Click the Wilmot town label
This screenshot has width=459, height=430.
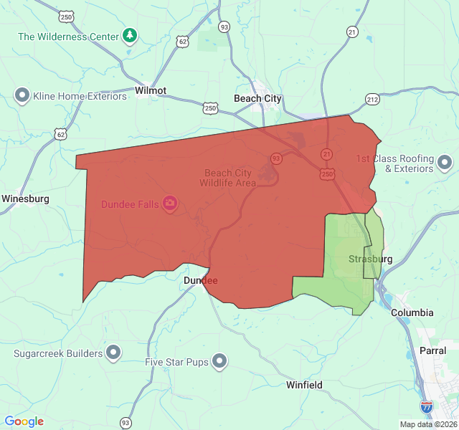tap(150, 91)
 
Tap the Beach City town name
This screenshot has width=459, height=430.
tap(258, 99)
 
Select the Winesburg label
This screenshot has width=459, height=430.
tap(25, 199)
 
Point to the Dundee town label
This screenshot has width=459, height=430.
tap(201, 280)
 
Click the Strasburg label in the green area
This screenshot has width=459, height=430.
tap(370, 259)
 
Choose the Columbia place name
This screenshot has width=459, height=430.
tap(412, 312)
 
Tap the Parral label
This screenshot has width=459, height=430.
tap(433, 350)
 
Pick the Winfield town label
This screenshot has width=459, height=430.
tap(304, 385)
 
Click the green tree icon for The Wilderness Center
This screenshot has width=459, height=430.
tap(129, 35)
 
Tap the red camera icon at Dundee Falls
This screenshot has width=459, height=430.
tap(170, 204)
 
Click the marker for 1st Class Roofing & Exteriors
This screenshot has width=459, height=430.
tap(445, 163)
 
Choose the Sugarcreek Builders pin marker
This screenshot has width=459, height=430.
tap(113, 353)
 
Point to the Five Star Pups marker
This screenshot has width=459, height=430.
tap(219, 362)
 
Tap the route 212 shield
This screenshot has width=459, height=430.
tap(372, 99)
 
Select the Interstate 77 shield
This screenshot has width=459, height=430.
tap(426, 406)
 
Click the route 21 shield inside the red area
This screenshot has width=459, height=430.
tap(327, 154)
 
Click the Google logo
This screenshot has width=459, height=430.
tap(24, 421)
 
